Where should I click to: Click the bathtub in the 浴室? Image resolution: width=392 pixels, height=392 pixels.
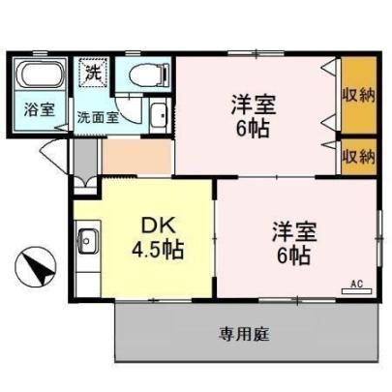pyautogui.click(x=41, y=75)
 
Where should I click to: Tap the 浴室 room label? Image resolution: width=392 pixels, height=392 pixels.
pyautogui.click(x=40, y=109)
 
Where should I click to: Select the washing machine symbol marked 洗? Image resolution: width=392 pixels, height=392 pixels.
pyautogui.click(x=93, y=73)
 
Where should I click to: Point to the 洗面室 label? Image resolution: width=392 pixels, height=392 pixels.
pyautogui.click(x=98, y=117)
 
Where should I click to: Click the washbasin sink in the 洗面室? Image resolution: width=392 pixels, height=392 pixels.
pyautogui.click(x=159, y=116)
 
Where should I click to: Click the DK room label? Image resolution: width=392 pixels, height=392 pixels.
pyautogui.click(x=159, y=226)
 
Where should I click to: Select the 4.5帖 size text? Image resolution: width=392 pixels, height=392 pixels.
pyautogui.click(x=158, y=250)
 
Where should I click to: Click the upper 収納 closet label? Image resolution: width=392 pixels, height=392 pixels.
pyautogui.click(x=359, y=95)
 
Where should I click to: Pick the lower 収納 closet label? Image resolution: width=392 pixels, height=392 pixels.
pyautogui.click(x=359, y=157)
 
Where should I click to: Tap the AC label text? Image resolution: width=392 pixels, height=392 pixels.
pyautogui.click(x=357, y=285)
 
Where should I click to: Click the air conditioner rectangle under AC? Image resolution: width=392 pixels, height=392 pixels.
pyautogui.click(x=356, y=291)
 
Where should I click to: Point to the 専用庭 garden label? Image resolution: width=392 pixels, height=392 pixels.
pyautogui.click(x=245, y=334)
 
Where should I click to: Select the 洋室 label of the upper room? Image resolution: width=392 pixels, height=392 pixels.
pyautogui.click(x=254, y=105)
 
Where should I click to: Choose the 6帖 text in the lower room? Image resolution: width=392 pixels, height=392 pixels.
pyautogui.click(x=294, y=256)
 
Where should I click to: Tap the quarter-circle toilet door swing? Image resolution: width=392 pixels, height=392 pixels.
pyautogui.click(x=129, y=109)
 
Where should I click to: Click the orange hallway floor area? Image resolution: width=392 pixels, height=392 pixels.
pyautogui.click(x=136, y=157)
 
